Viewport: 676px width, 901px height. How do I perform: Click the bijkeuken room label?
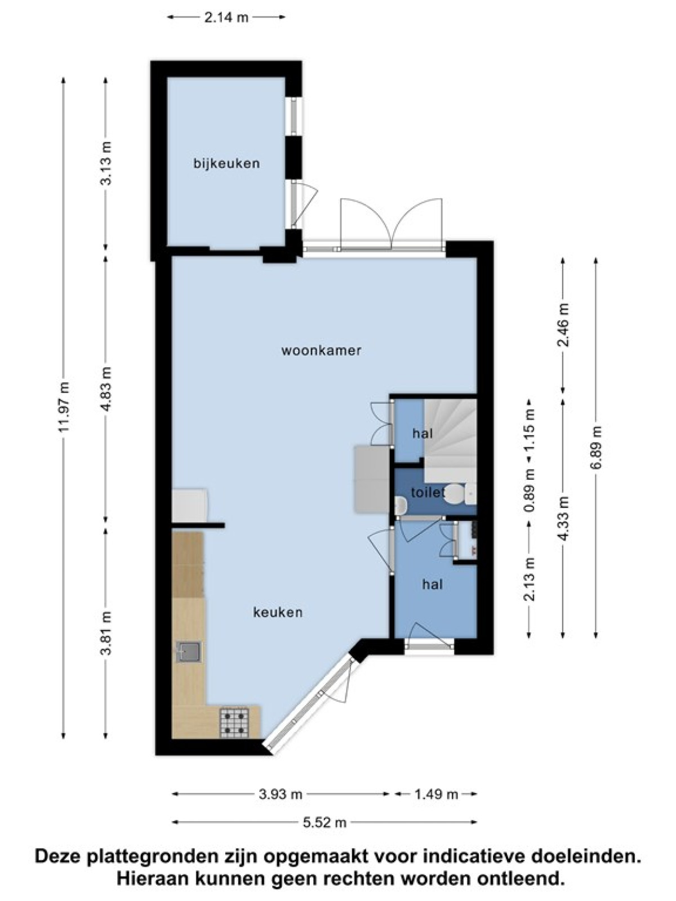(226, 164)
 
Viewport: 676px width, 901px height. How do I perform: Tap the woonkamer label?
(321, 351)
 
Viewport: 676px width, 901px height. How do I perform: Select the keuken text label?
(278, 613)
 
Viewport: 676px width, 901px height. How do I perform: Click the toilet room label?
(428, 492)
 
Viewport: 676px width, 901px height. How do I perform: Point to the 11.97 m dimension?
(64, 407)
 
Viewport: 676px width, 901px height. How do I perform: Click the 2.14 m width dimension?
(226, 17)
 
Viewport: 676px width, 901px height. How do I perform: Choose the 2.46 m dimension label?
(563, 325)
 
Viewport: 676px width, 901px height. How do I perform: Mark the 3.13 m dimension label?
(105, 164)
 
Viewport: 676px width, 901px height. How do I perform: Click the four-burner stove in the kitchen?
(234, 723)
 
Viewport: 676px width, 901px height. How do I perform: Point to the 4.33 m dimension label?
(563, 519)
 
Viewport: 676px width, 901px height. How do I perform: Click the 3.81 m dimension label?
(105, 633)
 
